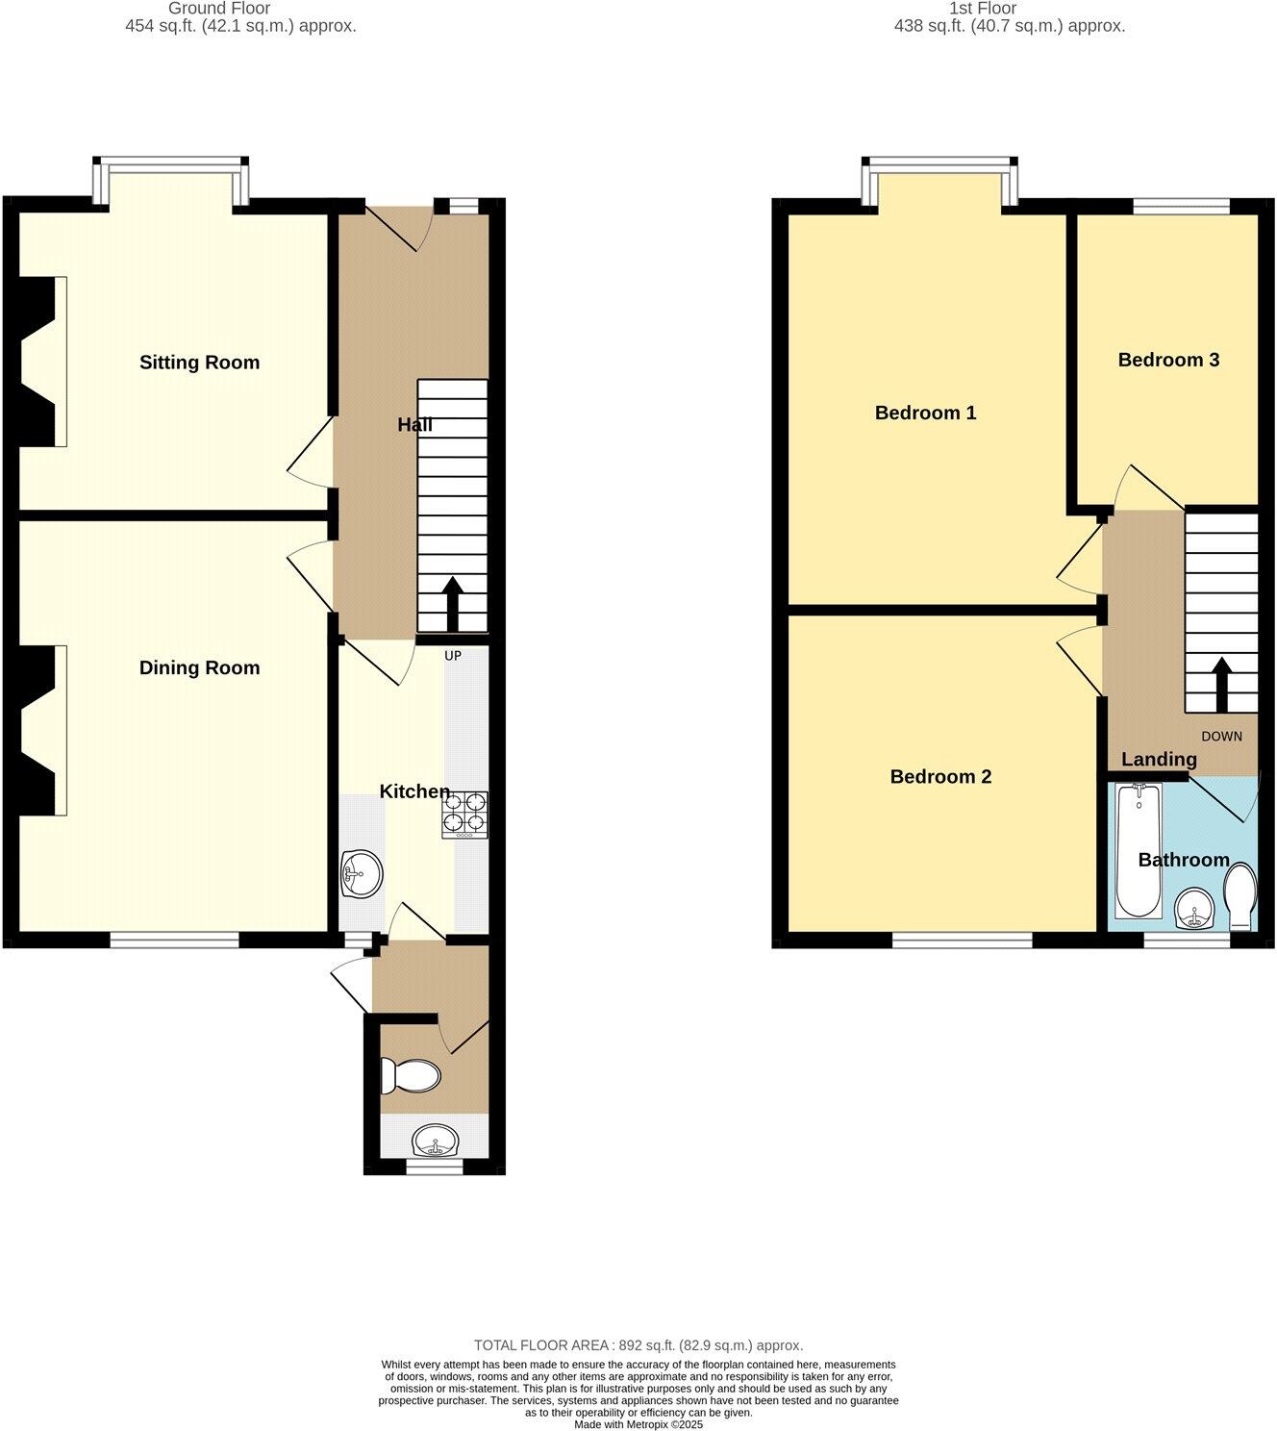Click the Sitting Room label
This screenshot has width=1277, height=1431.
(199, 363)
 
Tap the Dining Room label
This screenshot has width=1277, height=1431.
(199, 667)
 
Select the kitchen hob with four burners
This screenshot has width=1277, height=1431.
(464, 815)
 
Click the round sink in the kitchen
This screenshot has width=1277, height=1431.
(362, 874)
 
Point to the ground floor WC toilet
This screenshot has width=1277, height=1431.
(410, 1075)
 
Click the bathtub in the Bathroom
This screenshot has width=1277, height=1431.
(1139, 850)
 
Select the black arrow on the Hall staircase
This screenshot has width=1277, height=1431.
(451, 603)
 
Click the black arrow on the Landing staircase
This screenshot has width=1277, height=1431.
(1221, 683)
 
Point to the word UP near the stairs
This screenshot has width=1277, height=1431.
(453, 656)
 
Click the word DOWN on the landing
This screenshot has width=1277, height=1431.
(1221, 737)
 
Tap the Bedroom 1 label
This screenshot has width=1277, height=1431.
(925, 413)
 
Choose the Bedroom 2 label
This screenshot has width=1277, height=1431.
(940, 776)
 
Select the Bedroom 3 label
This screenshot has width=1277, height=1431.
(1168, 360)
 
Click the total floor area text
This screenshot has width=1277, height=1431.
(638, 1345)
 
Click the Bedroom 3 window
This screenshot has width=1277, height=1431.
(1181, 205)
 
